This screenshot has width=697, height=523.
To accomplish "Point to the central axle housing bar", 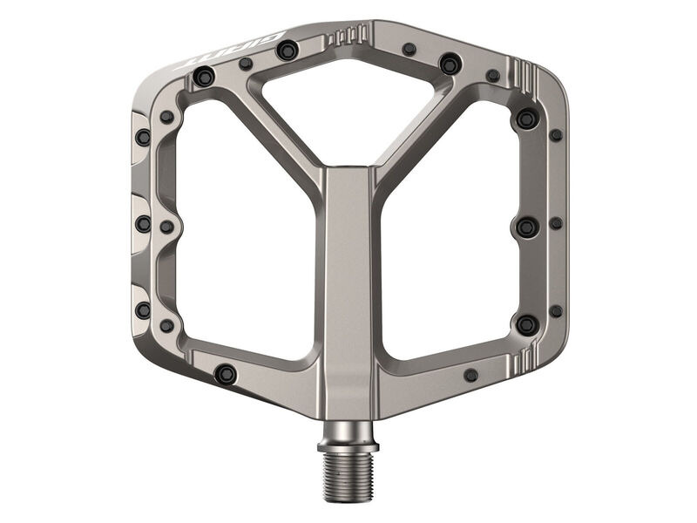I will point(348,288).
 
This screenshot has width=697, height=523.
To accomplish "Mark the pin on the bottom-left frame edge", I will point(226,374).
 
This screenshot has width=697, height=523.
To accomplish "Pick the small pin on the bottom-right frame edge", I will point(471,375).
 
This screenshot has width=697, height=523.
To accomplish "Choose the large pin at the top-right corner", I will point(526,119).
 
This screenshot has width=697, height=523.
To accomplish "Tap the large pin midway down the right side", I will point(526,227).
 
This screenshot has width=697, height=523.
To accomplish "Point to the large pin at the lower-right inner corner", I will point(526,324).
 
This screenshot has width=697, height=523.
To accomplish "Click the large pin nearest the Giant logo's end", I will point(204,78).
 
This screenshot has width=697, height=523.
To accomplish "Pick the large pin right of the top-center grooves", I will point(450,64).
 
